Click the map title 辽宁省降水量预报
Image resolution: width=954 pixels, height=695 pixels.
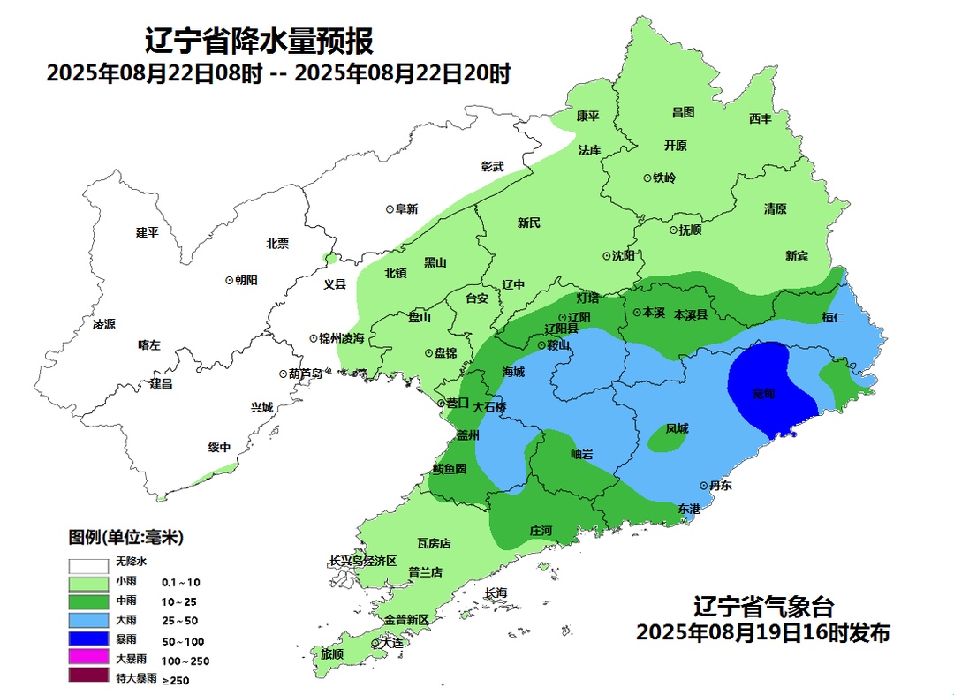click(259, 41)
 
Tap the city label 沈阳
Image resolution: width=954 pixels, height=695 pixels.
click(623, 256)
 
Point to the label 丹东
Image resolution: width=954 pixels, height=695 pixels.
click(720, 486)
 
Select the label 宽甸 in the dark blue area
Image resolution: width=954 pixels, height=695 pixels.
click(764, 394)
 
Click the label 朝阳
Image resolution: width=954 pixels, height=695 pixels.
click(246, 279)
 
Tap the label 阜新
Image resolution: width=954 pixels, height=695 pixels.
click(406, 209)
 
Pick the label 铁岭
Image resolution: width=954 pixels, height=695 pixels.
click(663, 178)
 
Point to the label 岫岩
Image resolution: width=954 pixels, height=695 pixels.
click(582, 454)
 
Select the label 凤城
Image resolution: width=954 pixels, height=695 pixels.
click(677, 428)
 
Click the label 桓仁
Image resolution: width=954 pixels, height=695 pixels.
click(833, 317)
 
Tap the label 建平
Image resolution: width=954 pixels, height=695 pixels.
click(147, 232)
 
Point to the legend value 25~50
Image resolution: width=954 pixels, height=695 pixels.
click(180, 621)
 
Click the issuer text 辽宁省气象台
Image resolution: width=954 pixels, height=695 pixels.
click(763, 607)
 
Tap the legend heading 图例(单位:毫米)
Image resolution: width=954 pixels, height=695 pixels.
click(125, 537)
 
